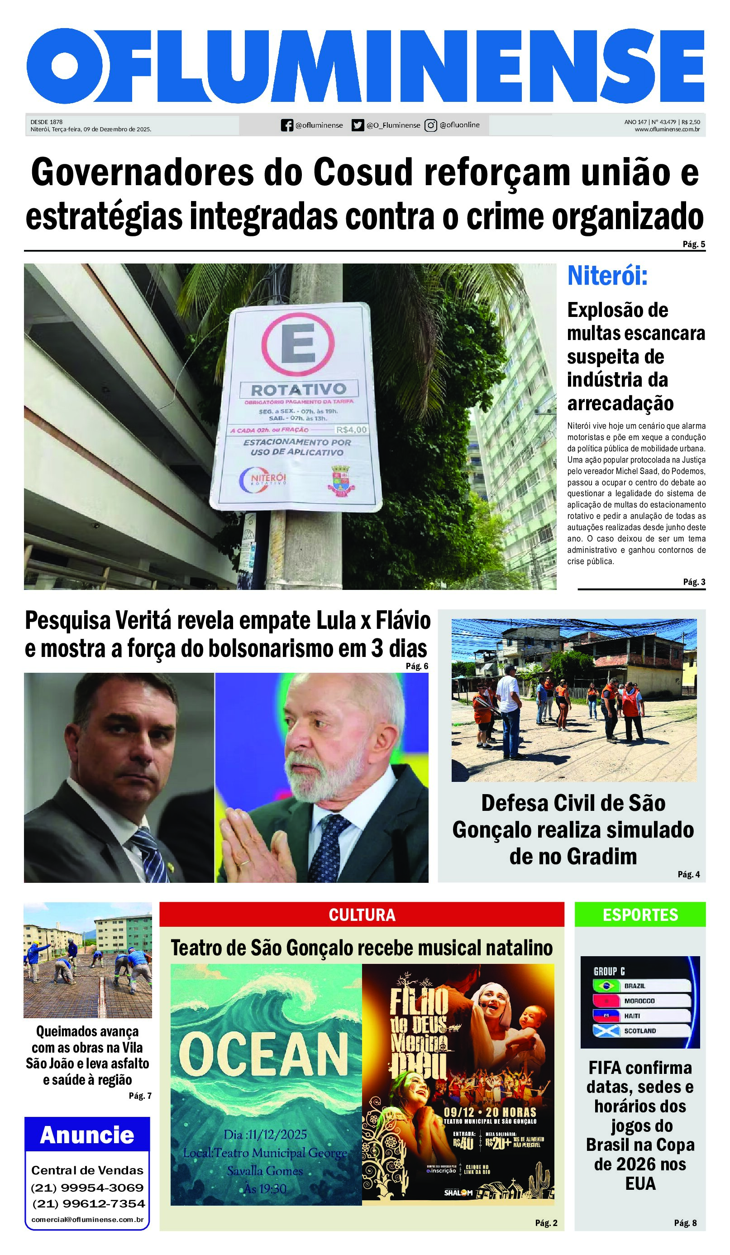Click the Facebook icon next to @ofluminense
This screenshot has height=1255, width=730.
tap(286, 125)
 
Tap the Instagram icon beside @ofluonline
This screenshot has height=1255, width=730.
tap(430, 125)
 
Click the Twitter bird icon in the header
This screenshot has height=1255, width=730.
tap(358, 125)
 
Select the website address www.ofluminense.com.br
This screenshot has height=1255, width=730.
tap(667, 129)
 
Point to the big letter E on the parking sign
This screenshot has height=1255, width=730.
tap(298, 344)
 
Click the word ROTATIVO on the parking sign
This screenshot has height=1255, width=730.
tap(298, 389)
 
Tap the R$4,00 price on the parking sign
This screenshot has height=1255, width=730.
tap(351, 430)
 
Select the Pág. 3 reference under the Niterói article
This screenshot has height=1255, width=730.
tap(694, 582)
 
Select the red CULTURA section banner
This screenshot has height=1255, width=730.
tap(362, 915)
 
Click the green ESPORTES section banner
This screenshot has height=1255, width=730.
tap(640, 915)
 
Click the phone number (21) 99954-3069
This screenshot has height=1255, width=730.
tap(87, 1188)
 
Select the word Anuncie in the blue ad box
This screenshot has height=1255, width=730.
tap(87, 1135)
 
